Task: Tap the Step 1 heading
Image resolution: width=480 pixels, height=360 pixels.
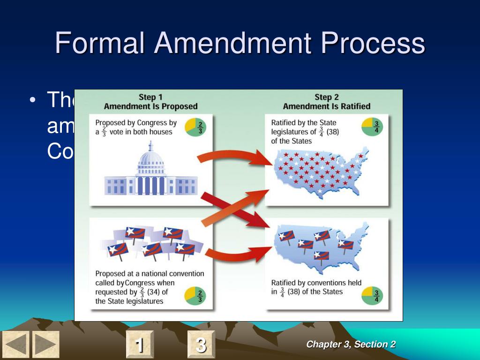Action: click(150, 97)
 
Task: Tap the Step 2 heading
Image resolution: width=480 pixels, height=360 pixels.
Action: click(326, 97)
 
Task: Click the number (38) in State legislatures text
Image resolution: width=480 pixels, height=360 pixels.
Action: click(332, 132)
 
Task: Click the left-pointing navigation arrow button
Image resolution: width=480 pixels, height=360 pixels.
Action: click(15, 345)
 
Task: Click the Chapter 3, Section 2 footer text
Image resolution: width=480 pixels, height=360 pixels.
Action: click(351, 345)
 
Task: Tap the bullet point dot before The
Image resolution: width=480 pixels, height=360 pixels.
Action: click(32, 100)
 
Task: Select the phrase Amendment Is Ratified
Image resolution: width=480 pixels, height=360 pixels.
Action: click(326, 106)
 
